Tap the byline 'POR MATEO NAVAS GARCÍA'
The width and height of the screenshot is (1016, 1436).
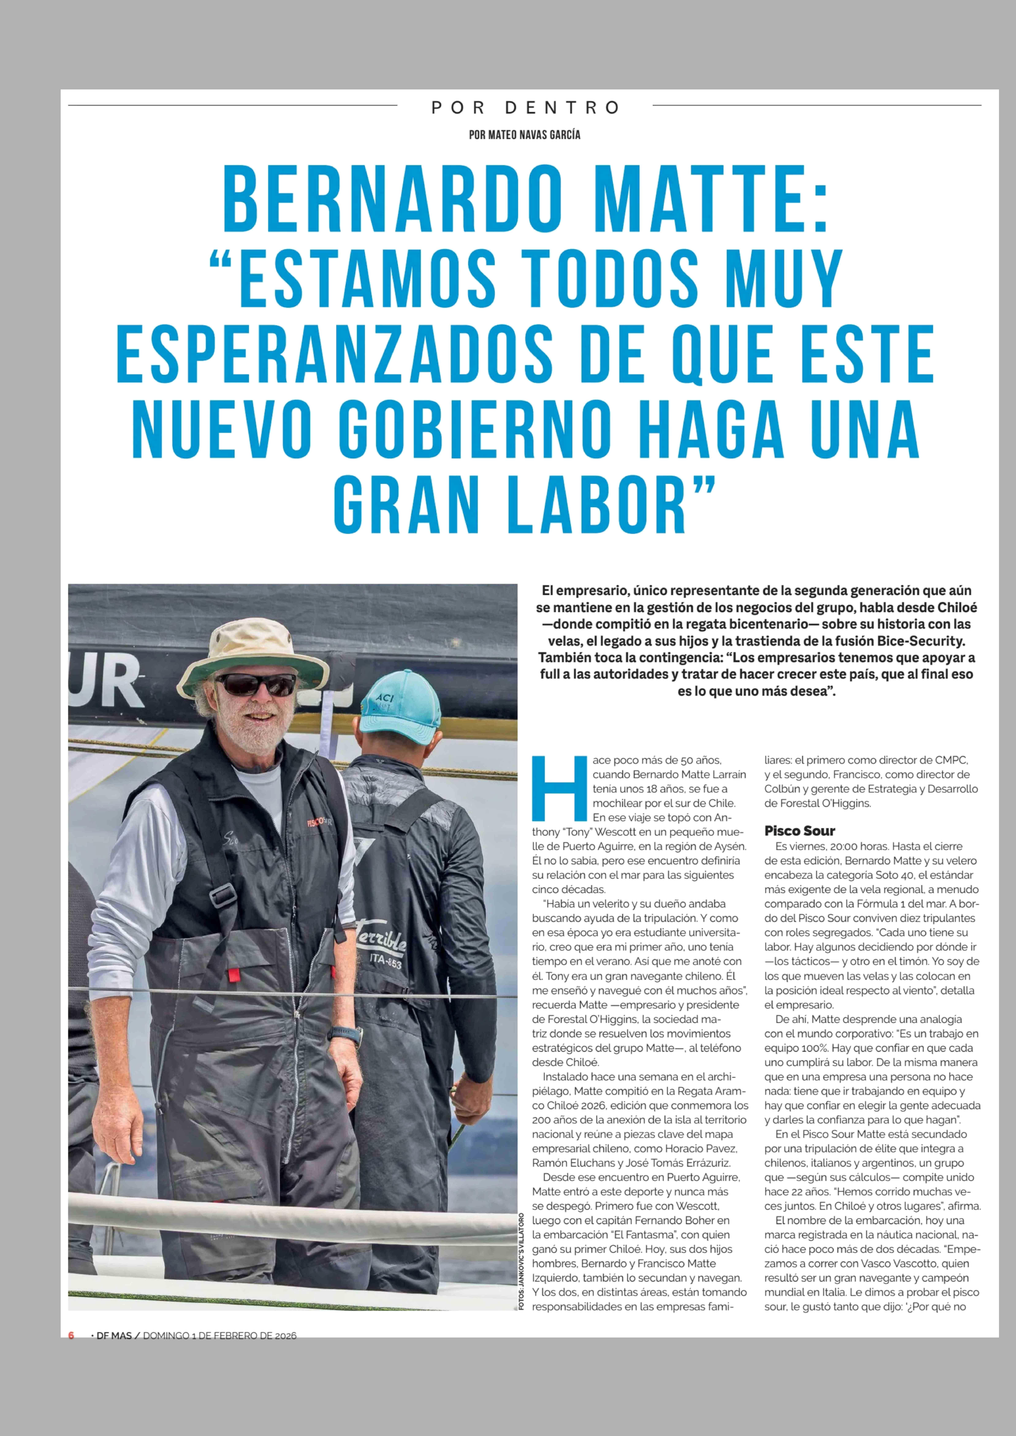click(x=524, y=134)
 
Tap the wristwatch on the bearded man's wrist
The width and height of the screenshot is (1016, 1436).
click(x=345, y=1035)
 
